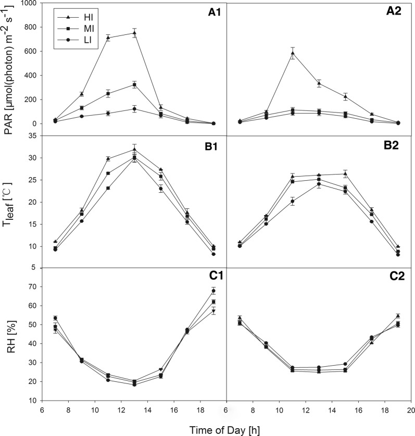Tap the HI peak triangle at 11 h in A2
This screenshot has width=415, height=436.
point(293,53)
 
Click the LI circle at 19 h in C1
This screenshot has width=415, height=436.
point(213,291)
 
